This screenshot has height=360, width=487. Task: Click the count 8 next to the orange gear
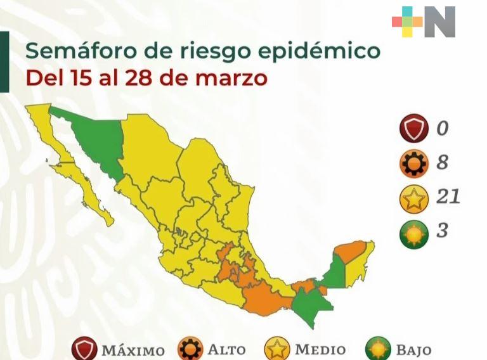[x=442, y=163]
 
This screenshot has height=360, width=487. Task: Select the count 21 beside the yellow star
[x=448, y=197]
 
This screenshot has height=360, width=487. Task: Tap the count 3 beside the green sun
[x=442, y=231]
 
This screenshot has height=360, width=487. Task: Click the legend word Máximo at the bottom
[x=133, y=350]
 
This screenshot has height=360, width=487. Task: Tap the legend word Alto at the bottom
[x=228, y=349]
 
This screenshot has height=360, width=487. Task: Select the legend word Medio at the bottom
[x=320, y=349]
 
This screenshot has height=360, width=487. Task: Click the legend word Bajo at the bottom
[x=413, y=349]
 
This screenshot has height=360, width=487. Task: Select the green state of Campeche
[x=334, y=273]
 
